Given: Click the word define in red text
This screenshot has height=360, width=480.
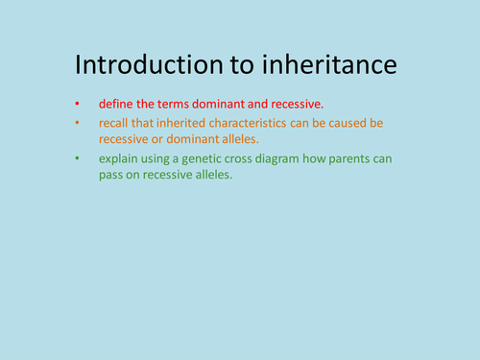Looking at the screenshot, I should pyautogui.click(x=114, y=104).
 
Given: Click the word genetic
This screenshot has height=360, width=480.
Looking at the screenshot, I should pyautogui.click(x=208, y=157).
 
